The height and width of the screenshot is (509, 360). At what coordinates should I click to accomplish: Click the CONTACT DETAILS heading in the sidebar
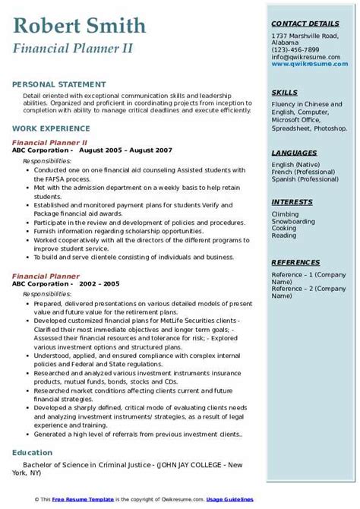[305, 24]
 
